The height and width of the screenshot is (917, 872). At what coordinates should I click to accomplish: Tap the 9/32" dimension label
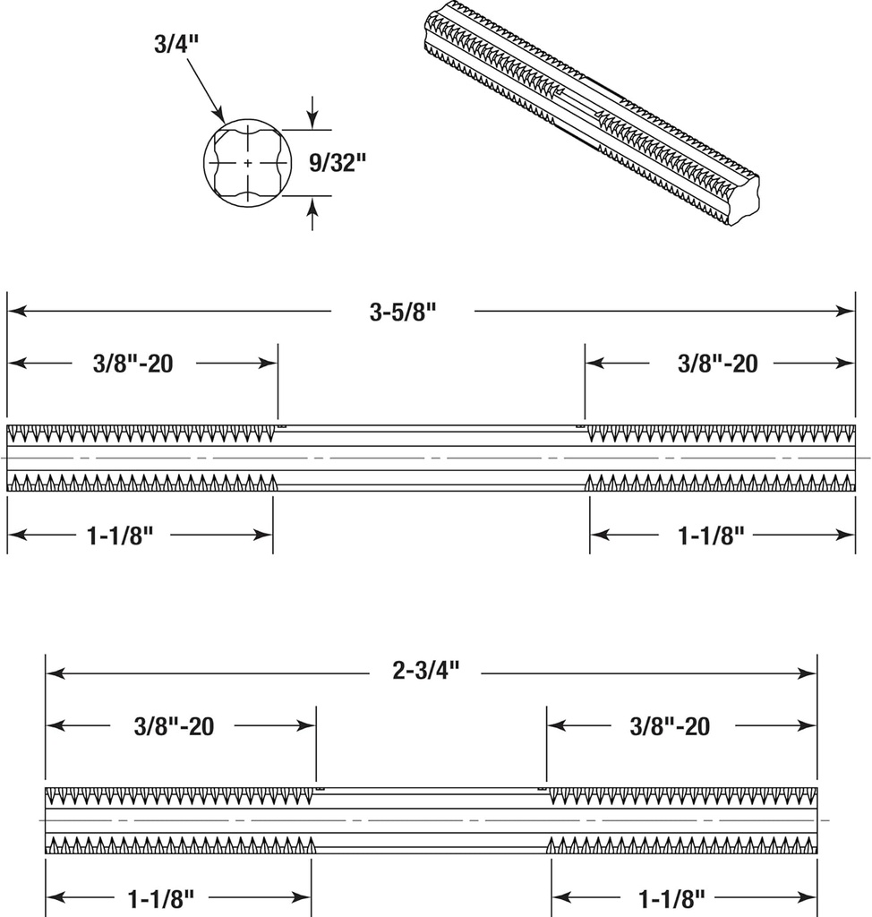(338, 162)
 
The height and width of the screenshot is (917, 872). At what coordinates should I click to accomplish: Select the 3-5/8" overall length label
(404, 312)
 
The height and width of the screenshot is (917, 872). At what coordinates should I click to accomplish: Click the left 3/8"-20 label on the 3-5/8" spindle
(133, 364)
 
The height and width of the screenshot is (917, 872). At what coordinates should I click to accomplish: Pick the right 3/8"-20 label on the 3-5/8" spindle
(717, 364)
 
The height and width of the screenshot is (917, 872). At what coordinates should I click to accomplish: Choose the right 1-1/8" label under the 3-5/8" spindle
(712, 536)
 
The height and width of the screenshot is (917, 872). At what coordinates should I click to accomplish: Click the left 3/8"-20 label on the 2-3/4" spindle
(174, 725)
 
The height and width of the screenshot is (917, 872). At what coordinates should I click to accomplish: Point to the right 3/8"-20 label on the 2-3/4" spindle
(670, 725)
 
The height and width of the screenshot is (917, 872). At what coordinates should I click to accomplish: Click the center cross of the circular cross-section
(248, 162)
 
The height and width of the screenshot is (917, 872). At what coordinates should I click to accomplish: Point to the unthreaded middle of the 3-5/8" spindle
(431, 458)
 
